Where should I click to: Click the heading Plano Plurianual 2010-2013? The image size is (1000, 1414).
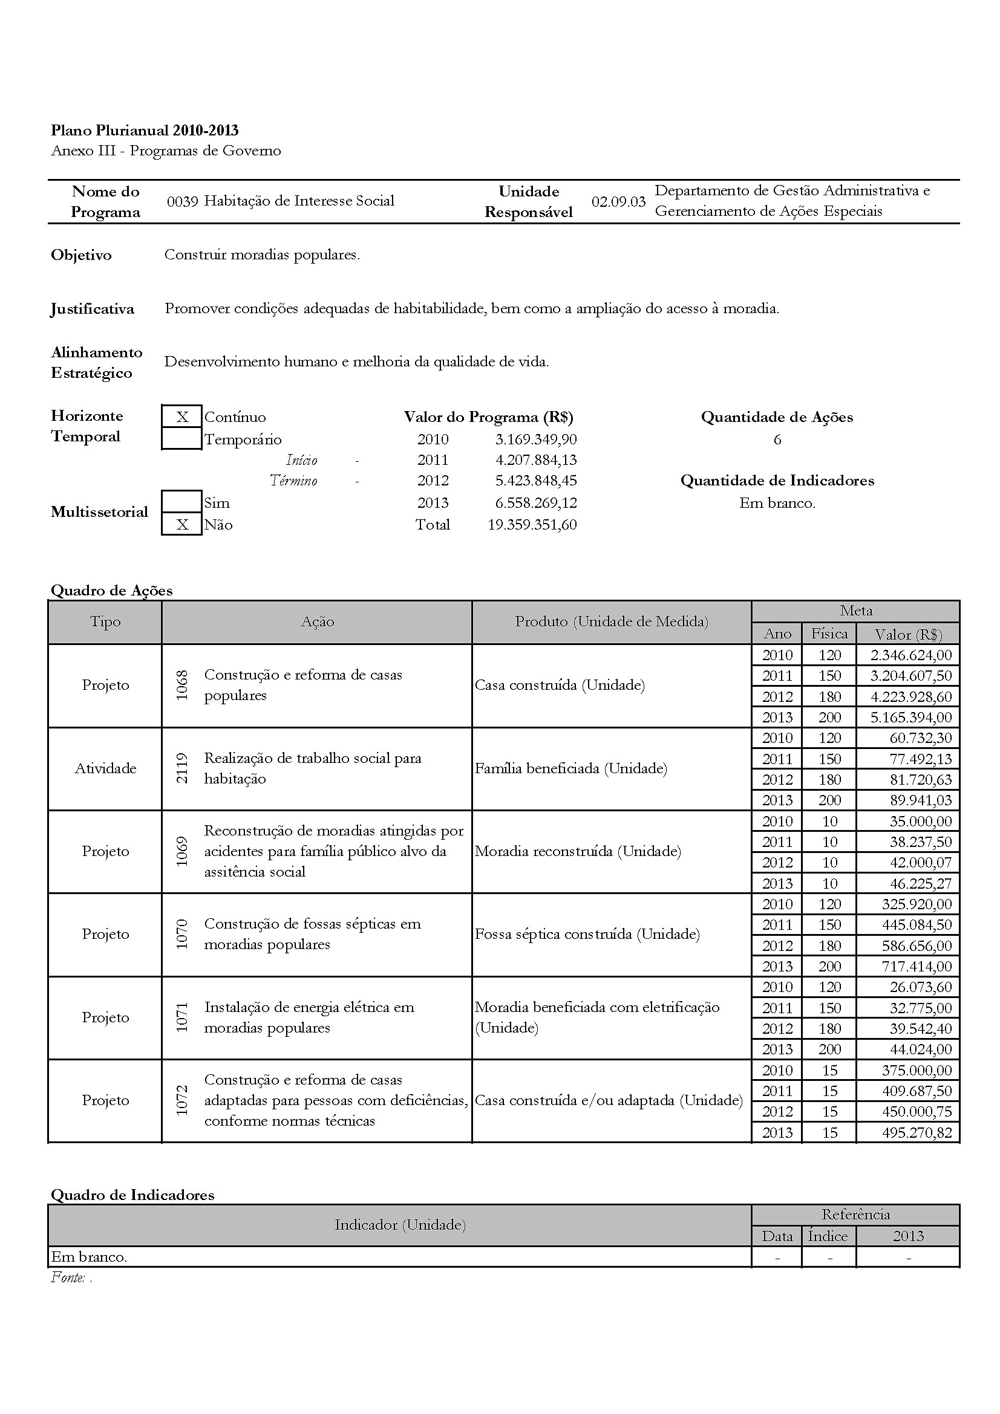pyautogui.click(x=144, y=131)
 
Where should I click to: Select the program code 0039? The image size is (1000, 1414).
pyautogui.click(x=181, y=201)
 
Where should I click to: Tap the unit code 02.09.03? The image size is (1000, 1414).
pyautogui.click(x=618, y=201)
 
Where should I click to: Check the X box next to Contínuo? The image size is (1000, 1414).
pyautogui.click(x=181, y=417)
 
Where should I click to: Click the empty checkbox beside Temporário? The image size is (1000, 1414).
pyautogui.click(x=181, y=439)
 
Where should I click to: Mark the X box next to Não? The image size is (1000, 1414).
pyautogui.click(x=181, y=525)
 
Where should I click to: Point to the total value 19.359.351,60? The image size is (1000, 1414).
pyautogui.click(x=532, y=525)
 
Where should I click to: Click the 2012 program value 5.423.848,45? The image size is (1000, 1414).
pyautogui.click(x=535, y=481)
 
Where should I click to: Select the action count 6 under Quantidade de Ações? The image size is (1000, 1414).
pyautogui.click(x=777, y=439)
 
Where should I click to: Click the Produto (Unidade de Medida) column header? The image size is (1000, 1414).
pyautogui.click(x=611, y=621)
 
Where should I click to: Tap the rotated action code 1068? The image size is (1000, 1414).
pyautogui.click(x=181, y=685)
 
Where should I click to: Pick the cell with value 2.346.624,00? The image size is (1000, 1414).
pyautogui.click(x=910, y=655)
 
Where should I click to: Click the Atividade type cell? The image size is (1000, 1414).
pyautogui.click(x=105, y=768)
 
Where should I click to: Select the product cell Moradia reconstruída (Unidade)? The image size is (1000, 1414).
pyautogui.click(x=577, y=851)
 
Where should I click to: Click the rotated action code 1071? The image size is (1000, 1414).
pyautogui.click(x=181, y=1017)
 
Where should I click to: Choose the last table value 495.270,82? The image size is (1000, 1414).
pyautogui.click(x=915, y=1132)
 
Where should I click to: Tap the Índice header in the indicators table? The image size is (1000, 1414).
pyautogui.click(x=828, y=1236)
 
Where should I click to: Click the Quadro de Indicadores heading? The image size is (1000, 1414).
pyautogui.click(x=132, y=1195)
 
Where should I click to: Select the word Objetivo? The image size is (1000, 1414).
pyautogui.click(x=81, y=255)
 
